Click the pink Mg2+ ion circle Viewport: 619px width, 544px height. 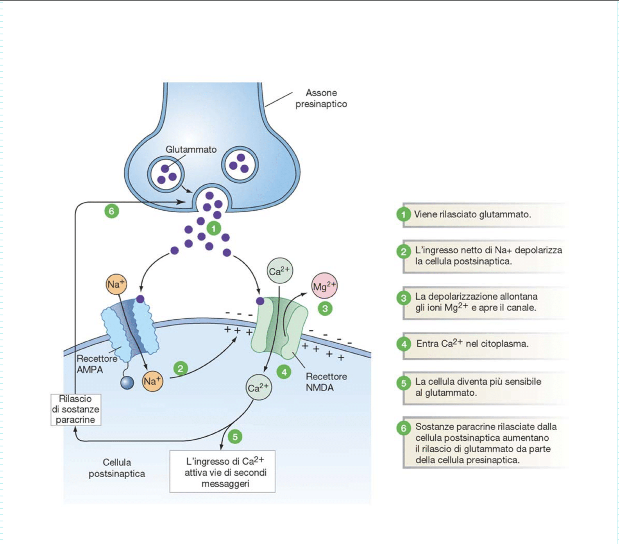point(324,286)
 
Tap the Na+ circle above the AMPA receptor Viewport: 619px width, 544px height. point(116,284)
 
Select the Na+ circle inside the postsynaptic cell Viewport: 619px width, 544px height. point(152,381)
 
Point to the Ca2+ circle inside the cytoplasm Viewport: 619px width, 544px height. point(259,388)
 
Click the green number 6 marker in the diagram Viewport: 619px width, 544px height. point(112,211)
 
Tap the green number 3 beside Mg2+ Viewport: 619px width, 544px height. point(325,309)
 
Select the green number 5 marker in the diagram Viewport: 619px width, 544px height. point(235,437)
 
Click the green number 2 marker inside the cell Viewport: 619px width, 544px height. point(181,368)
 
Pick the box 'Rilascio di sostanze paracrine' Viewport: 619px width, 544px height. point(76,409)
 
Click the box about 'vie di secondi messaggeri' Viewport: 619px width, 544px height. point(222,471)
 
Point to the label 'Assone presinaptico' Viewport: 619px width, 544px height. point(321,98)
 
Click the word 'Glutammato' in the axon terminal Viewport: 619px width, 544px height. point(191,149)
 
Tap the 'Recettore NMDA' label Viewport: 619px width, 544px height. point(326,382)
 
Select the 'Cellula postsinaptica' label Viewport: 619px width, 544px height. point(117,468)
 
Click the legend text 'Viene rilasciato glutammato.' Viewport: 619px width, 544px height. point(472,214)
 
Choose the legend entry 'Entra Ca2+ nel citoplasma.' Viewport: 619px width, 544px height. point(472,343)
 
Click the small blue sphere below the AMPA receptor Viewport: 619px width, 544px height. point(127,383)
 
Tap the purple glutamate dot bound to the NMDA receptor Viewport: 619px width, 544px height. point(260,301)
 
